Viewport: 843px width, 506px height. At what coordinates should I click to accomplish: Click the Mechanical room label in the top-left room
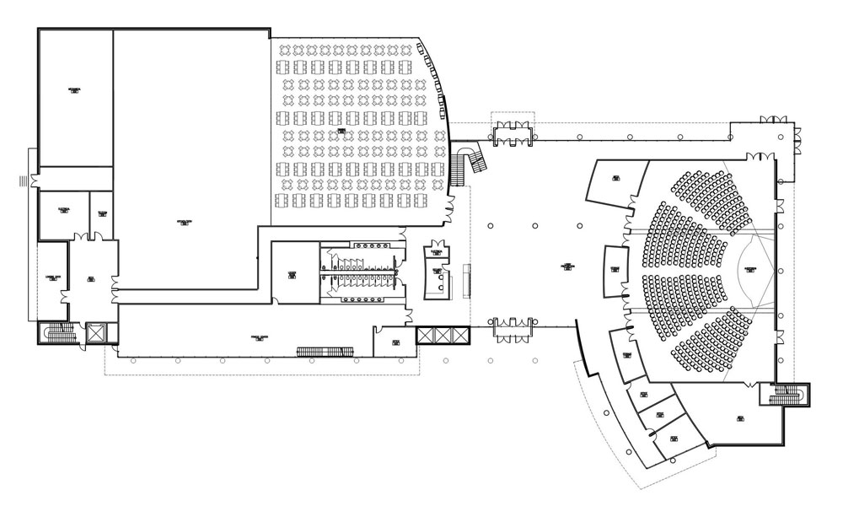(x=74, y=91)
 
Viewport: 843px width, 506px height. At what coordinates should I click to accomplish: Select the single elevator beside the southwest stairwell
(x=94, y=332)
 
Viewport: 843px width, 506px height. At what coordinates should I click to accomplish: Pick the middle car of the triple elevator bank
(x=442, y=334)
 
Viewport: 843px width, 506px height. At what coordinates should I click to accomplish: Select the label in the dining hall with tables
(x=342, y=132)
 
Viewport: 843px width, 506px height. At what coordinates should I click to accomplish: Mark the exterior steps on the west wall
(x=24, y=180)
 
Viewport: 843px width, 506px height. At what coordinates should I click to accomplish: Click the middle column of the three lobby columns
(x=535, y=226)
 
